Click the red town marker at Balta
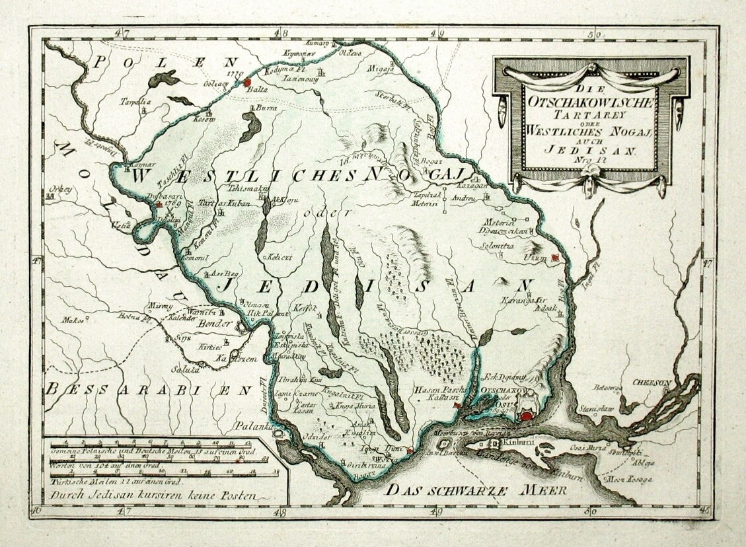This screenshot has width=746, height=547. click(248, 83)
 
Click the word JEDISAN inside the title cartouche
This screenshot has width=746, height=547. click(588, 150)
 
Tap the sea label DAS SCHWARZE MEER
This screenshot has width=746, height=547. click(473, 490)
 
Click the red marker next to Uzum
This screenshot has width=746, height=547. click(556, 258)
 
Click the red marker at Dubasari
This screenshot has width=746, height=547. click(159, 205)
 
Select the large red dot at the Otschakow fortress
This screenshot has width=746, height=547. click(526, 416)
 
